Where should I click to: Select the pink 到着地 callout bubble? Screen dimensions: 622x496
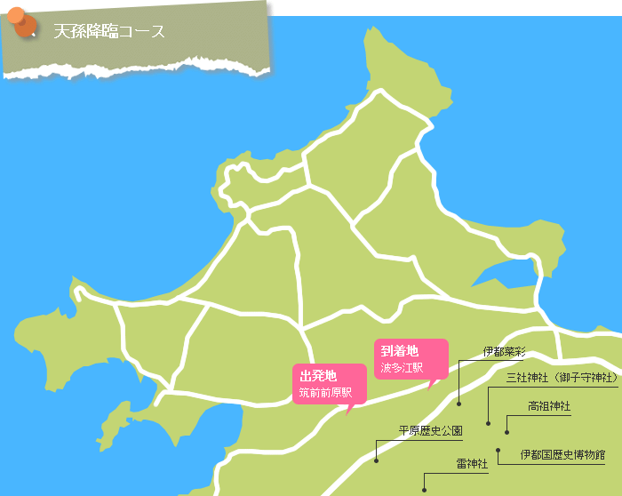(x=411, y=358)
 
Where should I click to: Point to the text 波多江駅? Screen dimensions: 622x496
(x=402, y=367)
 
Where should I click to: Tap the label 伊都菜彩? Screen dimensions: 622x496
(x=505, y=352)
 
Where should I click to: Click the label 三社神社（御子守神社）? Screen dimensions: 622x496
(x=562, y=378)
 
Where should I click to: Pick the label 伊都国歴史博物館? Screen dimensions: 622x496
(x=562, y=454)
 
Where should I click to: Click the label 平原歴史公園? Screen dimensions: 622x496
(x=430, y=431)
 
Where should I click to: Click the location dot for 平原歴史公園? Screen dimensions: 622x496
(x=377, y=460)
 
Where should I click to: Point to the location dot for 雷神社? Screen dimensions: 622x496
(x=424, y=488)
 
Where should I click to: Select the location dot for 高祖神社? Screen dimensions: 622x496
(x=506, y=431)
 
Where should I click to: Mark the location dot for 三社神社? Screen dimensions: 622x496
(x=488, y=421)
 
